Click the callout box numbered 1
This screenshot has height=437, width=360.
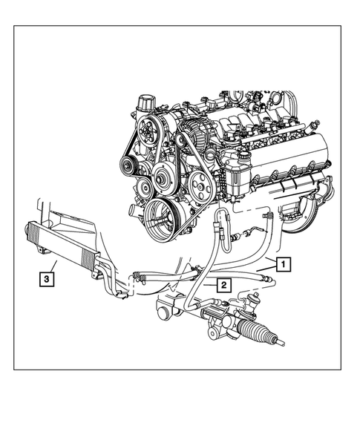pos(283,263)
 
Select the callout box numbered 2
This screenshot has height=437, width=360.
pos(220,283)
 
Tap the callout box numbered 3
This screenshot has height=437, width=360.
pos(46,279)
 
